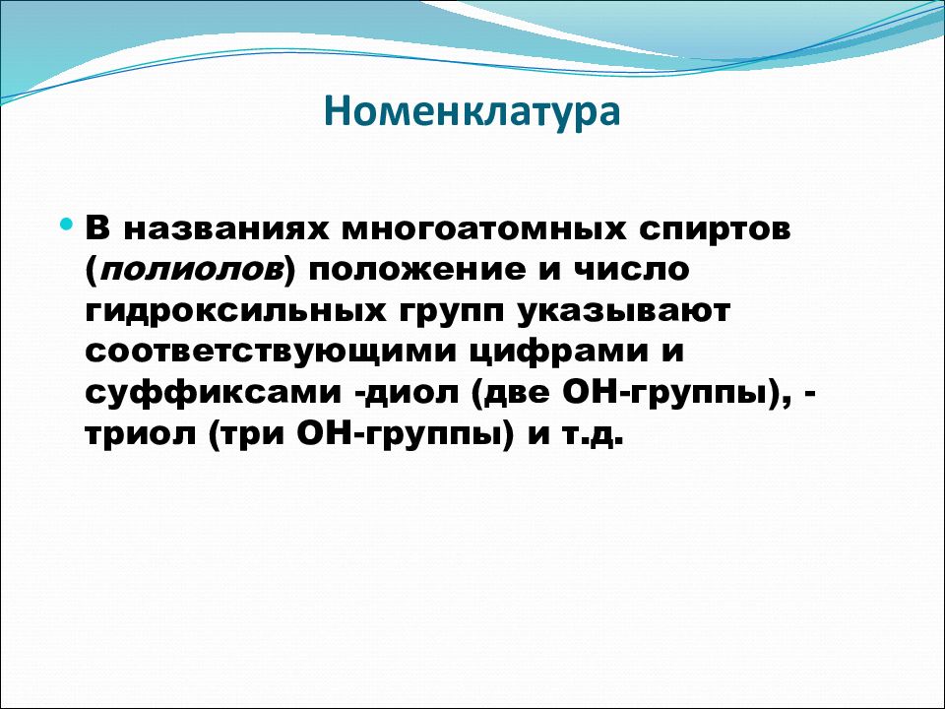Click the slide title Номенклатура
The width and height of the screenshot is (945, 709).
pos(472,112)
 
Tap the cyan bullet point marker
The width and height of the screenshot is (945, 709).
pos(67,225)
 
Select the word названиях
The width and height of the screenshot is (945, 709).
pos(227,229)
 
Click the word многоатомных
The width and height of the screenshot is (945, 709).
pos(484,229)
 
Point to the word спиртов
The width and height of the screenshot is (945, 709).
pos(715,230)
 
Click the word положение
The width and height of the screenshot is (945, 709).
pos(417,270)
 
